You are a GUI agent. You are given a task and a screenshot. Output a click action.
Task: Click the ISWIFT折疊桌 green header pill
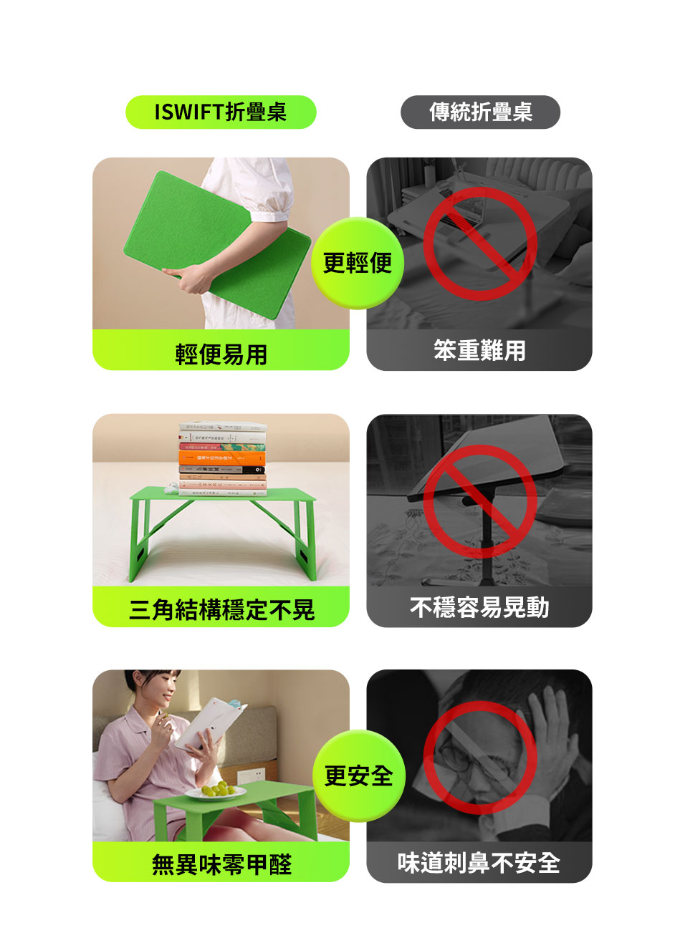coord(221,112)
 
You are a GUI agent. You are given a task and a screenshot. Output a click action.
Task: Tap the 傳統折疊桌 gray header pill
coord(480,112)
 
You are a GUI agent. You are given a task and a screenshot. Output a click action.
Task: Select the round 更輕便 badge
coord(357,263)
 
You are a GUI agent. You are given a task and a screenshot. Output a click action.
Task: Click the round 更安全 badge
coord(358,775)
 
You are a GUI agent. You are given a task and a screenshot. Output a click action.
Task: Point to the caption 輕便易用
coord(221,354)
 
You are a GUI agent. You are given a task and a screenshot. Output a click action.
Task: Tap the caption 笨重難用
coord(479,350)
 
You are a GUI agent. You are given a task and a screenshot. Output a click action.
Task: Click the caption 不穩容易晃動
coord(479,607)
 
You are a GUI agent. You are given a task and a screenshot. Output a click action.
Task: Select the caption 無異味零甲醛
coord(221,864)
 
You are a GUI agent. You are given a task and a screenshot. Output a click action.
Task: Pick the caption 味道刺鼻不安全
coord(479,863)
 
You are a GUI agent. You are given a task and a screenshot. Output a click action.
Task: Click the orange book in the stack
coord(221,458)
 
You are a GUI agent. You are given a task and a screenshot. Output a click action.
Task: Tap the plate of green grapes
coord(216,791)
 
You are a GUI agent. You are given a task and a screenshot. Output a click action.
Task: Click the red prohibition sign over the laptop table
coord(480,244)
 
